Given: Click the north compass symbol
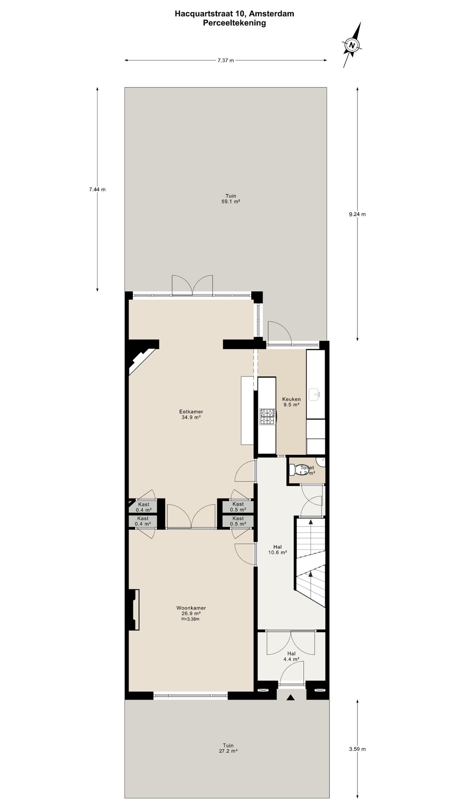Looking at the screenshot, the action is (352, 45).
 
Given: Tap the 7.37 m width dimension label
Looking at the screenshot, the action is (226, 60).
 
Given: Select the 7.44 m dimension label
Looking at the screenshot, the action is (97, 189).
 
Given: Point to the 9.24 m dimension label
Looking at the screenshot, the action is (357, 214).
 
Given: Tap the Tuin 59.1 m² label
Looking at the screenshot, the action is (231, 198).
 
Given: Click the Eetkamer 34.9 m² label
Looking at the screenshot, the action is (191, 414).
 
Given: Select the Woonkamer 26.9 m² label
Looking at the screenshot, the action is (191, 613).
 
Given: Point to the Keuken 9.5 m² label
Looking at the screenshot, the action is (291, 402).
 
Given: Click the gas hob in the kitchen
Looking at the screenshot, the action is (267, 417).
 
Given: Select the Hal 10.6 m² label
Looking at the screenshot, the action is (278, 549).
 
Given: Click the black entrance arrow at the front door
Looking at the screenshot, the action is (291, 698).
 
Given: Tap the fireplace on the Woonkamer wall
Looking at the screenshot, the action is (133, 610).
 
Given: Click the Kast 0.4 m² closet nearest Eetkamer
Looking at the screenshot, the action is (143, 507).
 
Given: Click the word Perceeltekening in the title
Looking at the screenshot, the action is (235, 23).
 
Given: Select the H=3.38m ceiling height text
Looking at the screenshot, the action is (190, 619).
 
